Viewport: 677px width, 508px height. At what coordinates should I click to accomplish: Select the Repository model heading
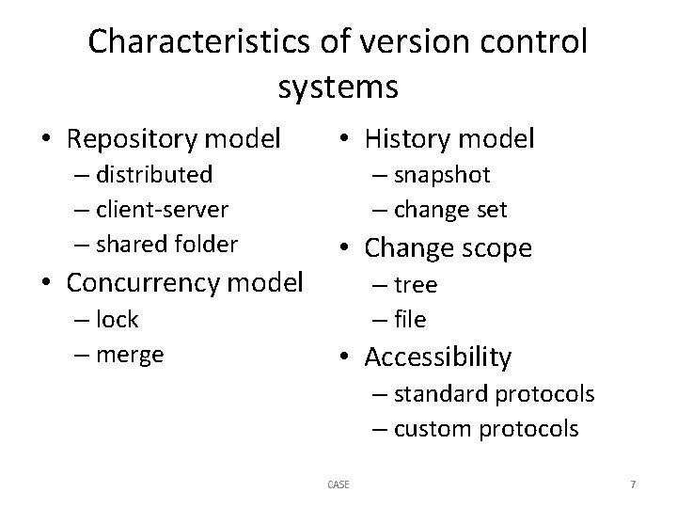click(x=174, y=139)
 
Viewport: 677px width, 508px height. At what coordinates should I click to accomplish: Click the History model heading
click(x=449, y=139)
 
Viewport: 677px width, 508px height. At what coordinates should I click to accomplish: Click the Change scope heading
click(x=448, y=247)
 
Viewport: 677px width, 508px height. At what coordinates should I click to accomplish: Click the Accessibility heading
click(x=437, y=357)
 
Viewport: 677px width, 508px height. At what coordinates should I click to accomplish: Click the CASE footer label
click(x=338, y=484)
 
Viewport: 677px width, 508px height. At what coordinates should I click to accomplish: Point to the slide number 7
click(x=633, y=484)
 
